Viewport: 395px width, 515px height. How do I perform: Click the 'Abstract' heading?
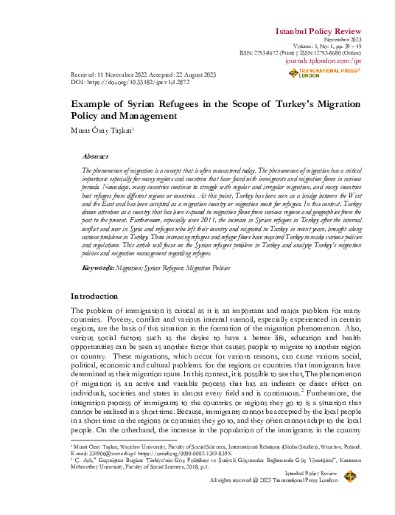(x=94, y=156)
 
